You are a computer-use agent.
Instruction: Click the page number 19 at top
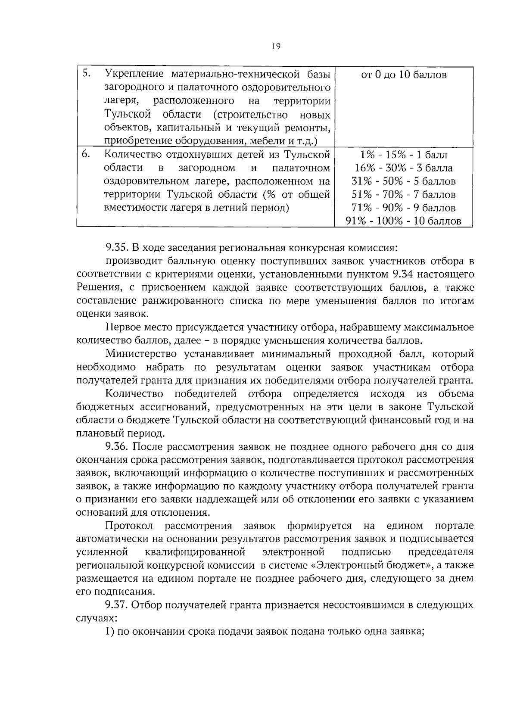pyautogui.click(x=276, y=47)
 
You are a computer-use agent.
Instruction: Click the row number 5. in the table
pyautogui.click(x=86, y=74)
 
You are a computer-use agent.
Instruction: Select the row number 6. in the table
pyautogui.click(x=86, y=154)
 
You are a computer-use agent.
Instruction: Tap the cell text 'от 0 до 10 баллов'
pyautogui.click(x=404, y=75)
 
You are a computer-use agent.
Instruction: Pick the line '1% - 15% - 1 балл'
pyautogui.click(x=404, y=155)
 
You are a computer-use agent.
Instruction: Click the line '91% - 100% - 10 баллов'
pyautogui.click(x=404, y=221)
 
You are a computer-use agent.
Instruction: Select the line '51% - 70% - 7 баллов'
pyautogui.click(x=404, y=195)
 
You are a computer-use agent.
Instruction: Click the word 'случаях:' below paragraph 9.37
pyautogui.click(x=96, y=618)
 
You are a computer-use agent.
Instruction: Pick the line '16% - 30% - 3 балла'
pyautogui.click(x=404, y=168)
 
